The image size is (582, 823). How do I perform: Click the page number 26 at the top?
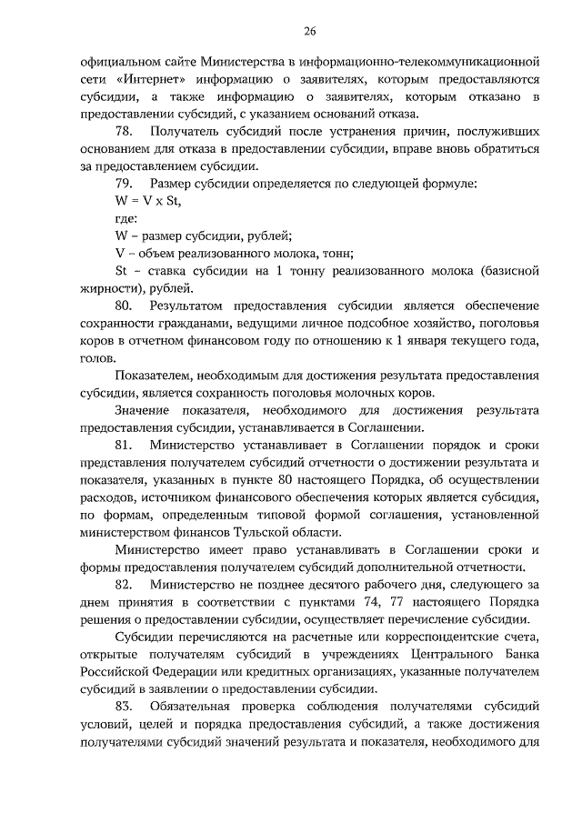[309, 31]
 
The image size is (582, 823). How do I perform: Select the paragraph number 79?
[125, 185]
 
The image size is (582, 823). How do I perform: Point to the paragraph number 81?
[125, 447]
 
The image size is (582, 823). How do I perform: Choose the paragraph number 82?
[125, 585]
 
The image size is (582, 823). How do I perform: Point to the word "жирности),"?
[113, 288]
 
